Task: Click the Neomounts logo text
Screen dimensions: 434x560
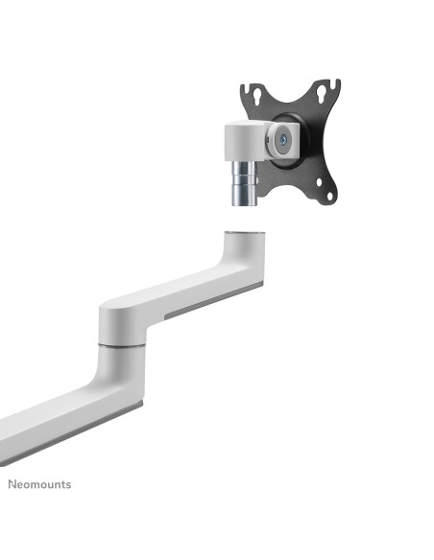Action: (39, 484)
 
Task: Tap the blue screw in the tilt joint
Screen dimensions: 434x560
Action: (284, 140)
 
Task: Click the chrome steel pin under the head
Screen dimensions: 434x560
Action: (244, 183)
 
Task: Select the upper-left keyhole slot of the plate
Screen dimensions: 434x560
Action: (256, 95)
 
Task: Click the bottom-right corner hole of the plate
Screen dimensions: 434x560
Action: (329, 196)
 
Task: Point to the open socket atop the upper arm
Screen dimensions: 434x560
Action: (245, 234)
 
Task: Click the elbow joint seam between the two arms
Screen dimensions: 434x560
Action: (122, 345)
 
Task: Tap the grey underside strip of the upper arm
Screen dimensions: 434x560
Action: (214, 299)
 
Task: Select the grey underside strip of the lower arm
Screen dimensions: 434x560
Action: (71, 434)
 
